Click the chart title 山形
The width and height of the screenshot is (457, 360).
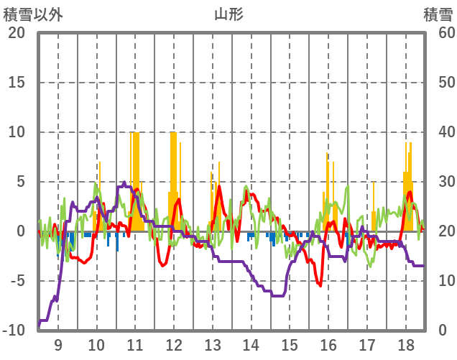point(228,14)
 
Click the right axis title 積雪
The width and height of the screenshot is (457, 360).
point(437,14)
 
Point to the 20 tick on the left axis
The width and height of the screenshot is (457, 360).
point(17,33)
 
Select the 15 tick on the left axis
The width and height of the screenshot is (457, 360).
point(17,83)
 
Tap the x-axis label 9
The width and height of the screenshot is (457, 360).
point(57,344)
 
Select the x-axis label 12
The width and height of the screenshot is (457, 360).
point(173,344)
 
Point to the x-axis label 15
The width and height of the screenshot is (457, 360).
point(290,344)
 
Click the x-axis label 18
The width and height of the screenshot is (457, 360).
point(405,344)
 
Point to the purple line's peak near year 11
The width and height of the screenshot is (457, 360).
point(124,183)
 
